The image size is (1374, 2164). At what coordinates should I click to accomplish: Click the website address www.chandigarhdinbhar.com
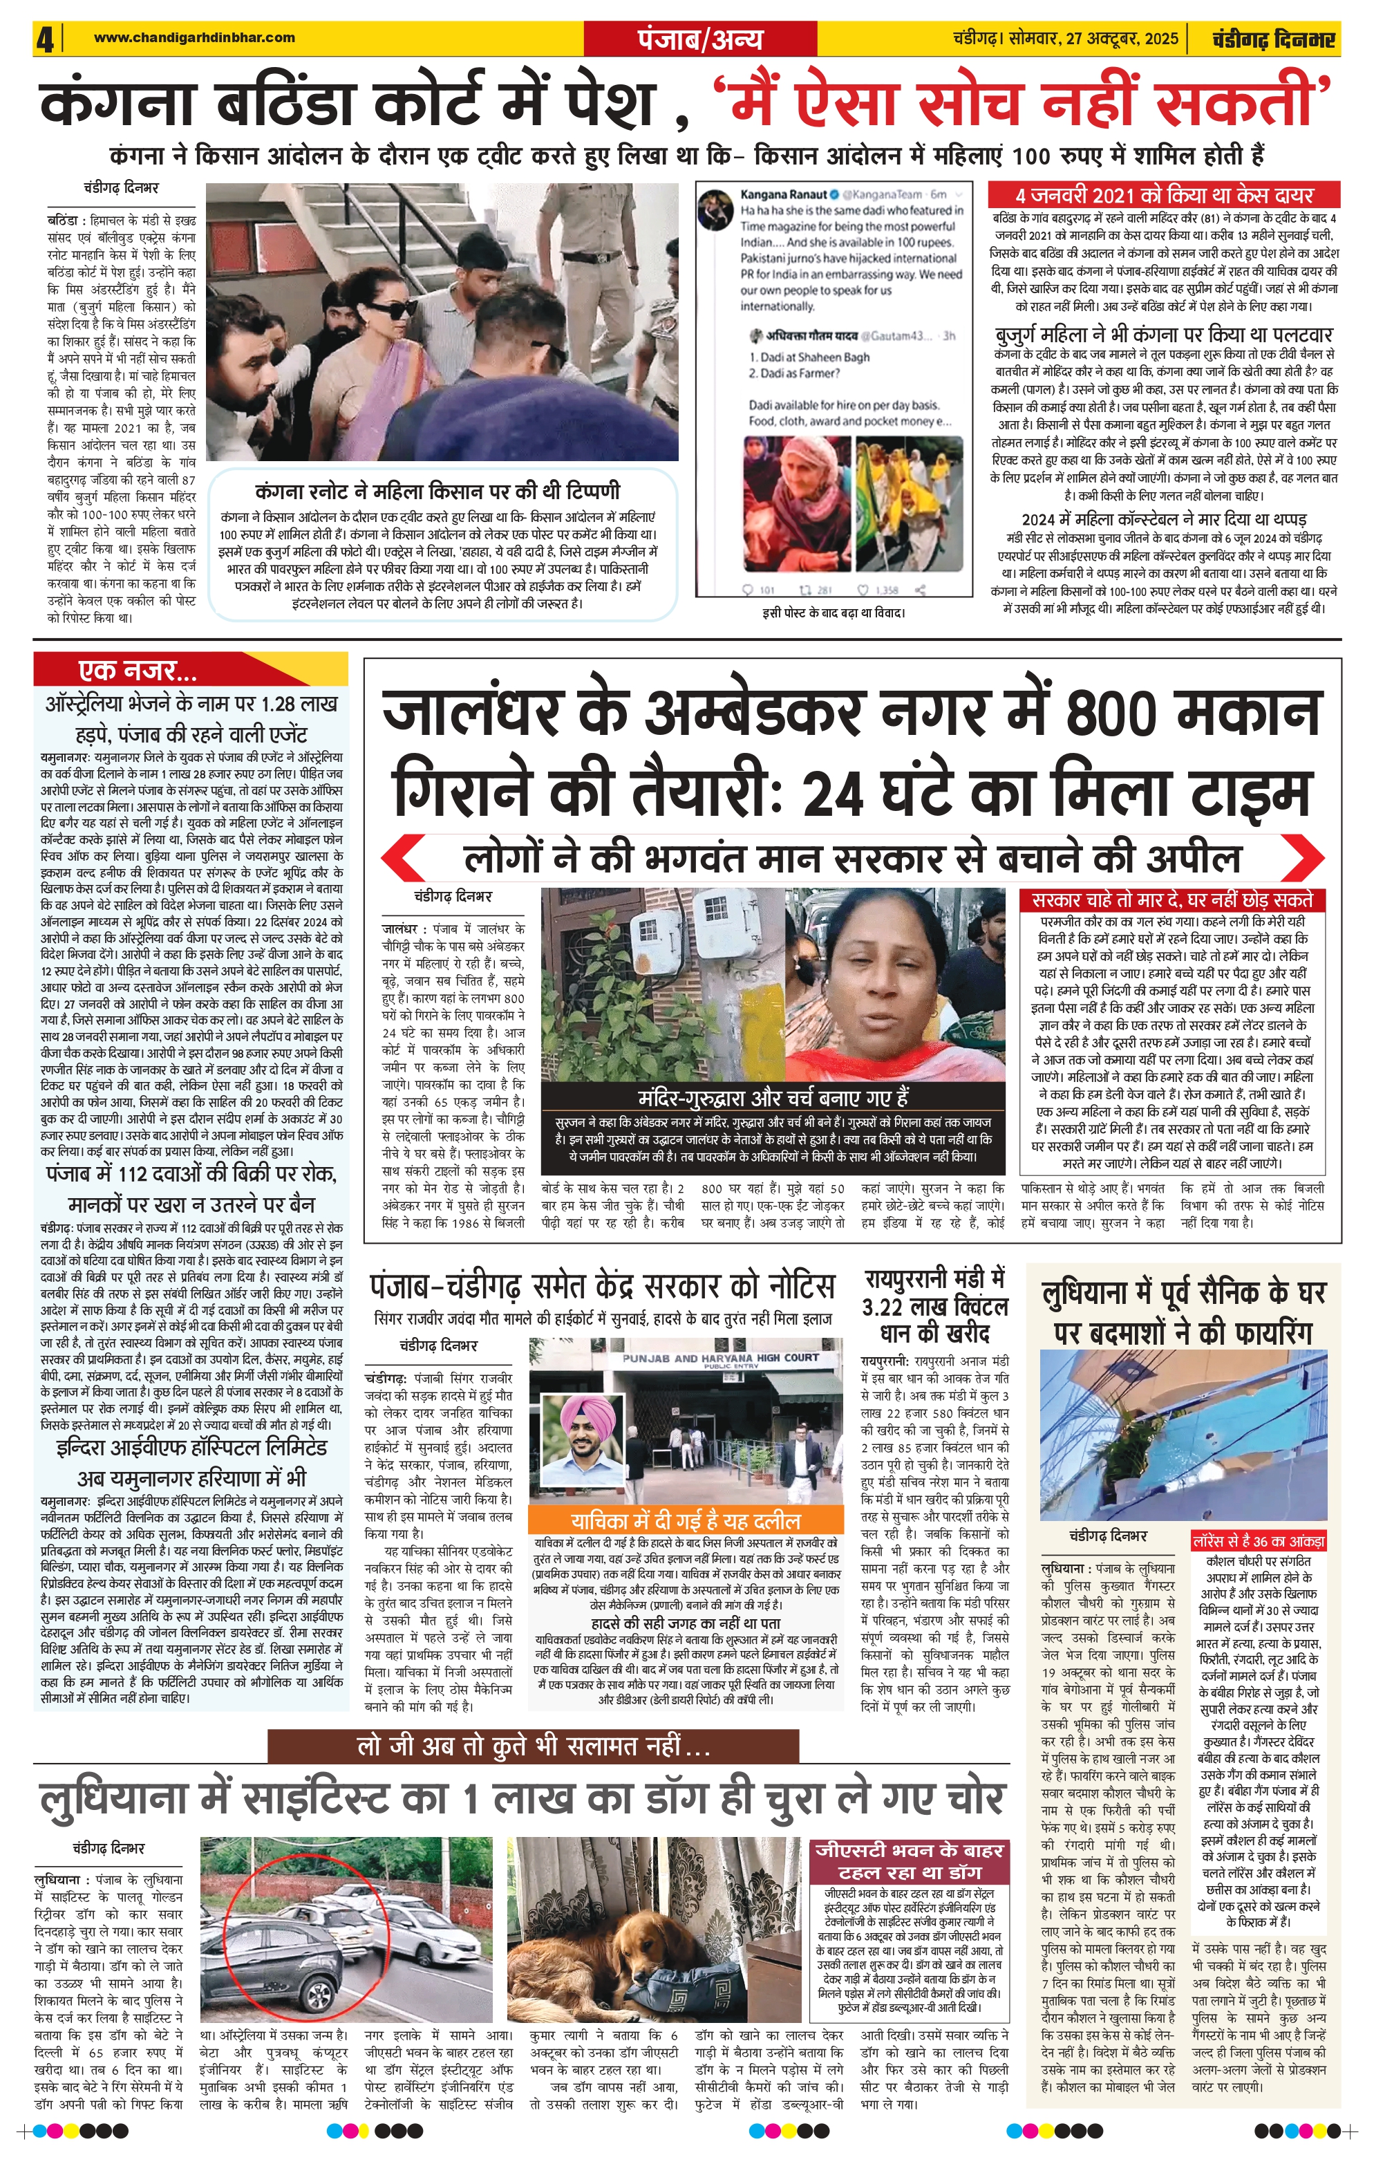(194, 38)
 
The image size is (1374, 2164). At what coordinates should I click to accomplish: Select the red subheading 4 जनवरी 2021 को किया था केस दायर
(1164, 195)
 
